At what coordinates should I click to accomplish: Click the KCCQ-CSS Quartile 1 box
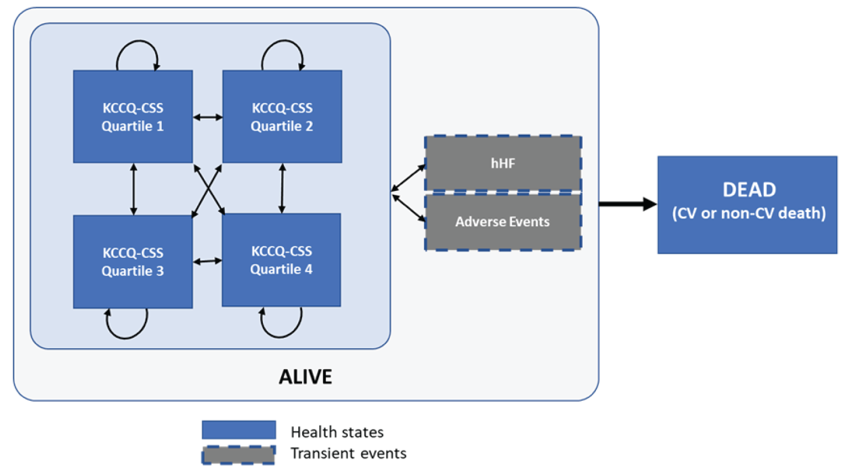point(133,116)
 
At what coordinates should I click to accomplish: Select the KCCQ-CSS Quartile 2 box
point(282,116)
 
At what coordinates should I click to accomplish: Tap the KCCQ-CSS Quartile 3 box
point(133,262)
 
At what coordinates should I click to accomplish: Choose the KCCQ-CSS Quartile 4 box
point(281,260)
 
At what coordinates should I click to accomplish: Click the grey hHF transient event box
point(503,163)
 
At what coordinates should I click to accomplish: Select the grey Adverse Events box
point(503,222)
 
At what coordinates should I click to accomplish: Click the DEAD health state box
point(747,205)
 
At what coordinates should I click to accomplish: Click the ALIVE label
point(305,377)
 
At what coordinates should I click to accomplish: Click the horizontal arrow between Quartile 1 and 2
point(208,117)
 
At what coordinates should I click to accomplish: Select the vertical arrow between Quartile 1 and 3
point(133,189)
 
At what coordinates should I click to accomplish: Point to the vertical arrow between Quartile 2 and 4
point(282,188)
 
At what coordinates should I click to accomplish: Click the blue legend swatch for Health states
point(239,430)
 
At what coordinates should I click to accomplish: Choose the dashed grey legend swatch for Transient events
point(239,455)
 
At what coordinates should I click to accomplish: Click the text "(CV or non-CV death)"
point(748,214)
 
